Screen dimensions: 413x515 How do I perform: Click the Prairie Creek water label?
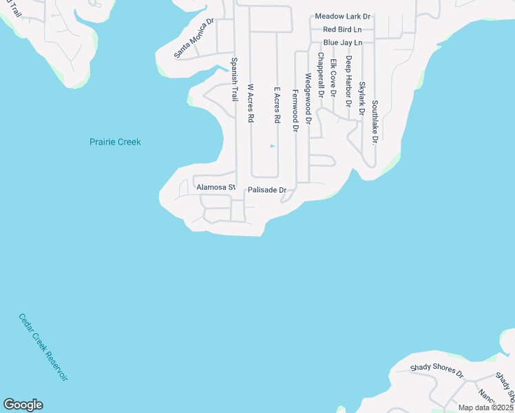tap(115, 142)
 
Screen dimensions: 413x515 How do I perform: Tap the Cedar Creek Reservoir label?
tap(43, 348)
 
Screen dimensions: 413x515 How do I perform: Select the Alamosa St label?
tap(216, 187)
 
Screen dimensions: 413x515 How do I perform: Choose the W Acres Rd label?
tap(251, 103)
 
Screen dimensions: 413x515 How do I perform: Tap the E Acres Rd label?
tap(277, 105)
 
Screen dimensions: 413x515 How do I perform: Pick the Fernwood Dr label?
tap(295, 110)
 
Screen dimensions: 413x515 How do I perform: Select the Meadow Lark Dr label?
tap(343, 16)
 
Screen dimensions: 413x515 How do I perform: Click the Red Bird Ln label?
tap(342, 30)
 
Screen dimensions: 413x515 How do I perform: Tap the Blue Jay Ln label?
tap(342, 43)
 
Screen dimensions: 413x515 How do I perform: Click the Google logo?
tap(23, 405)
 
